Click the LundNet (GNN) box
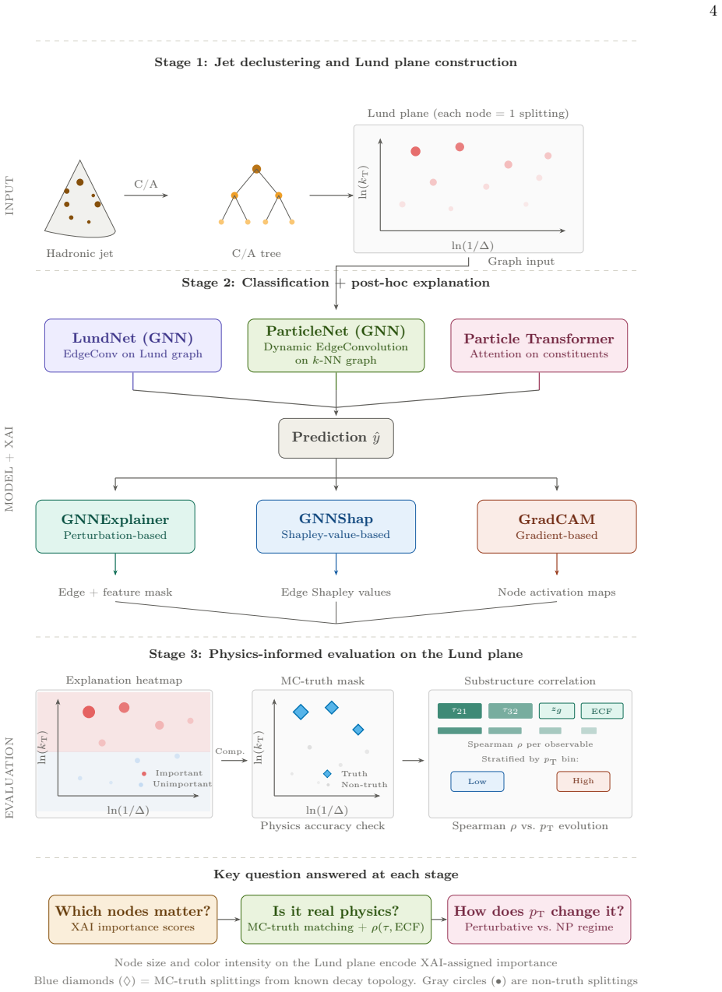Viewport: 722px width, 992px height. pos(133,346)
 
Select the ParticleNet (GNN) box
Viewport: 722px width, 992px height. pos(336,346)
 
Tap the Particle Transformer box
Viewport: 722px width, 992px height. pos(539,346)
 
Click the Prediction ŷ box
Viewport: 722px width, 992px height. pos(336,438)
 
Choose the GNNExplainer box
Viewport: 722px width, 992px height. pos(115,526)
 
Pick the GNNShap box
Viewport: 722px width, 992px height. pos(336,526)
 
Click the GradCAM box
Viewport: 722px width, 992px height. pos(556,526)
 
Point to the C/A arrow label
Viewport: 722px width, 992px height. pos(146,184)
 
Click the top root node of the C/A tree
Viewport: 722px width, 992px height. pos(256,169)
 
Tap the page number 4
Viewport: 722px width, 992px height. pos(713,11)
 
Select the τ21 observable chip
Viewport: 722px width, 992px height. pos(460,711)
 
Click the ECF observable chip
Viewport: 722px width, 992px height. pos(601,711)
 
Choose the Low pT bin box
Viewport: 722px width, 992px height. pos(477,781)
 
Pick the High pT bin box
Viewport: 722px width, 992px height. pos(583,781)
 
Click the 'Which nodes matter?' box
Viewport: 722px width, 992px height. pos(133,919)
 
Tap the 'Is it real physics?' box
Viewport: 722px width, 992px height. pos(336,919)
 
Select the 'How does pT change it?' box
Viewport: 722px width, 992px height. pos(539,919)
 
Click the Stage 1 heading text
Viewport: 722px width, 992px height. pos(336,62)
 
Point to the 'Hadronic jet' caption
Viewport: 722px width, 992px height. pos(79,253)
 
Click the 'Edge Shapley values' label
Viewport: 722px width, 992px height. pos(336,592)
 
